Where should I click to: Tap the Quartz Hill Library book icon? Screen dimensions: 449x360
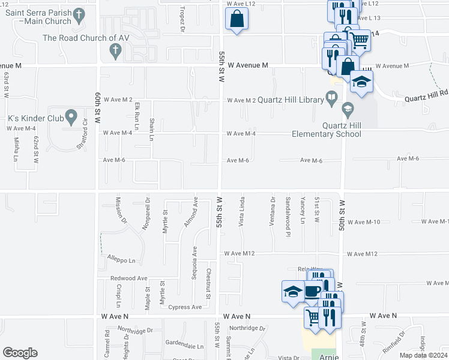tap(331, 96)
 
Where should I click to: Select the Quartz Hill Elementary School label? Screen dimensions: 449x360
tap(327, 130)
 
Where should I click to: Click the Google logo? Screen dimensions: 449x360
tap(20, 352)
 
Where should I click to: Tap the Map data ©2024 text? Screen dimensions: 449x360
tap(423, 355)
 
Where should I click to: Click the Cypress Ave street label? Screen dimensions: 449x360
tap(185, 307)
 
